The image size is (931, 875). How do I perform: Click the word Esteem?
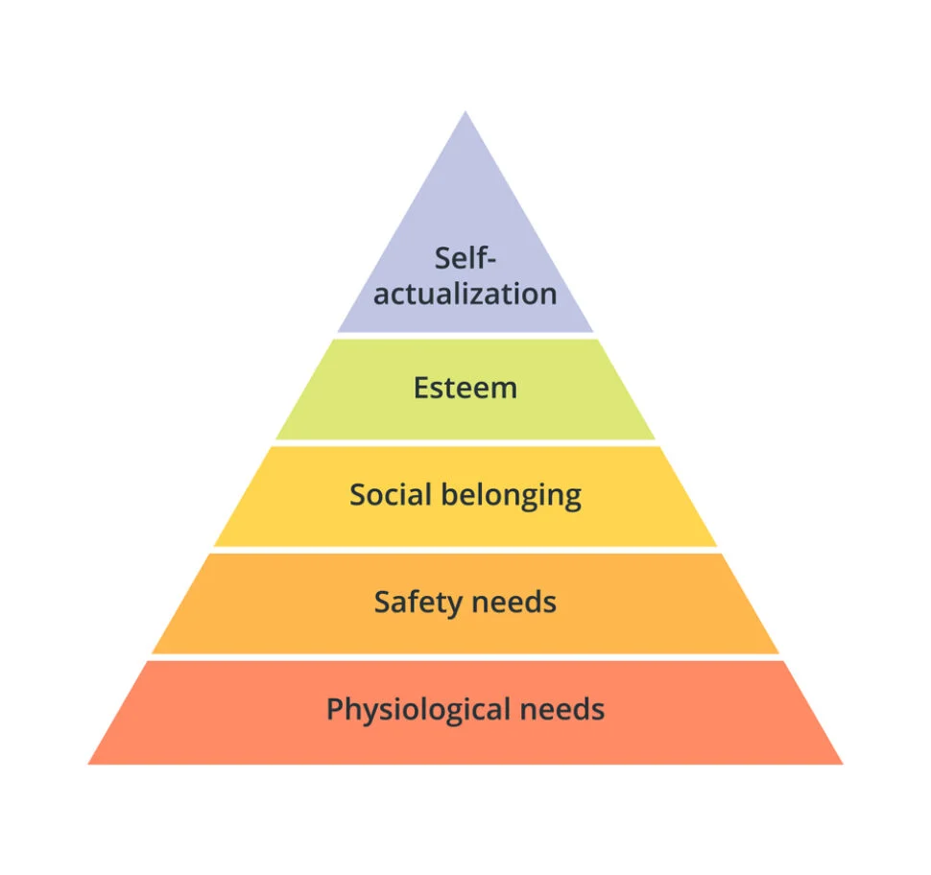[x=465, y=389]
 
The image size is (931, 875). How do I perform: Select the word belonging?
[x=512, y=496]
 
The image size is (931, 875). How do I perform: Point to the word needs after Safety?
[x=514, y=603]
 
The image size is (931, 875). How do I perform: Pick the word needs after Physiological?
[x=562, y=709]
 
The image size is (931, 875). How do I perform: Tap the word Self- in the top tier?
[x=465, y=258]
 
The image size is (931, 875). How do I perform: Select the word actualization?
[x=465, y=294]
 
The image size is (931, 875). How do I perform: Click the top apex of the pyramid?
[x=465, y=111]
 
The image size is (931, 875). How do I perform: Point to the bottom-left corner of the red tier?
[x=88, y=764]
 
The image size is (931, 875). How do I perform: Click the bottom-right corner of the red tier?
[x=843, y=764]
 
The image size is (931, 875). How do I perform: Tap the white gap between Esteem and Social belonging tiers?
[x=465, y=443]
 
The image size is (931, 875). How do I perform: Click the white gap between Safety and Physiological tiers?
[x=465, y=657]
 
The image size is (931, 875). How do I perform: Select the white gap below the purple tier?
[x=465, y=336]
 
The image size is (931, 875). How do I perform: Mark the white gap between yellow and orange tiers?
[x=465, y=550]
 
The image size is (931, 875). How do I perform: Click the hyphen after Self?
[x=490, y=261]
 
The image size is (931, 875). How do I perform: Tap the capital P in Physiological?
[x=335, y=709]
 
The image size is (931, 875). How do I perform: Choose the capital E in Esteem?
[x=421, y=389]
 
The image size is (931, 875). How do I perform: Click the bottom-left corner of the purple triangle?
[x=337, y=332]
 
